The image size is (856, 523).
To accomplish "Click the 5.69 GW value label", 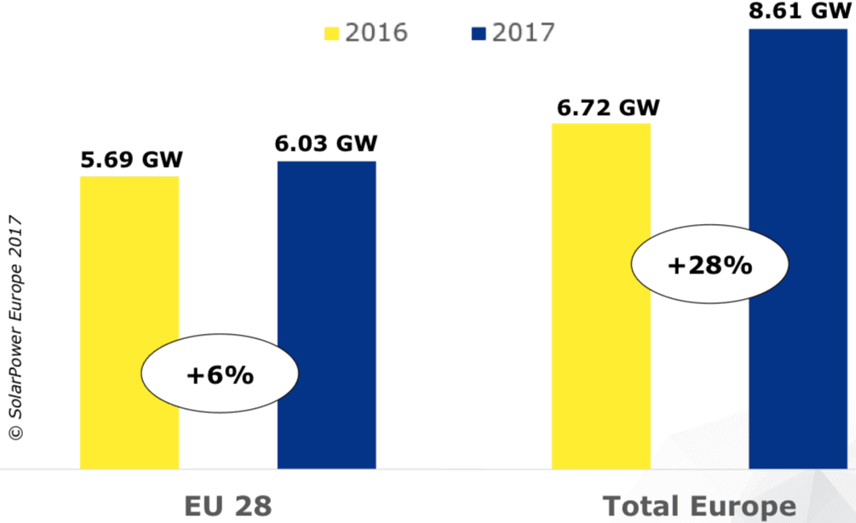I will (131, 160).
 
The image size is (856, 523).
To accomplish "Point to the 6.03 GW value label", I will (326, 143).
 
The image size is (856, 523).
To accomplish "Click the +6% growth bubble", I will (221, 375).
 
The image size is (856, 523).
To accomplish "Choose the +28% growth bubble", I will (710, 266).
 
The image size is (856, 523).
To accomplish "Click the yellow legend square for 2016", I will (330, 34).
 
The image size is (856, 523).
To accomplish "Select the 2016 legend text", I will (376, 33).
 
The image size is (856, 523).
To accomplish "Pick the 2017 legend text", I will (524, 33).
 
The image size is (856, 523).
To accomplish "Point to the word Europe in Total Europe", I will (746, 506).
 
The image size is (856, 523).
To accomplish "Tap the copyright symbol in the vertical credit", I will (15, 434).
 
